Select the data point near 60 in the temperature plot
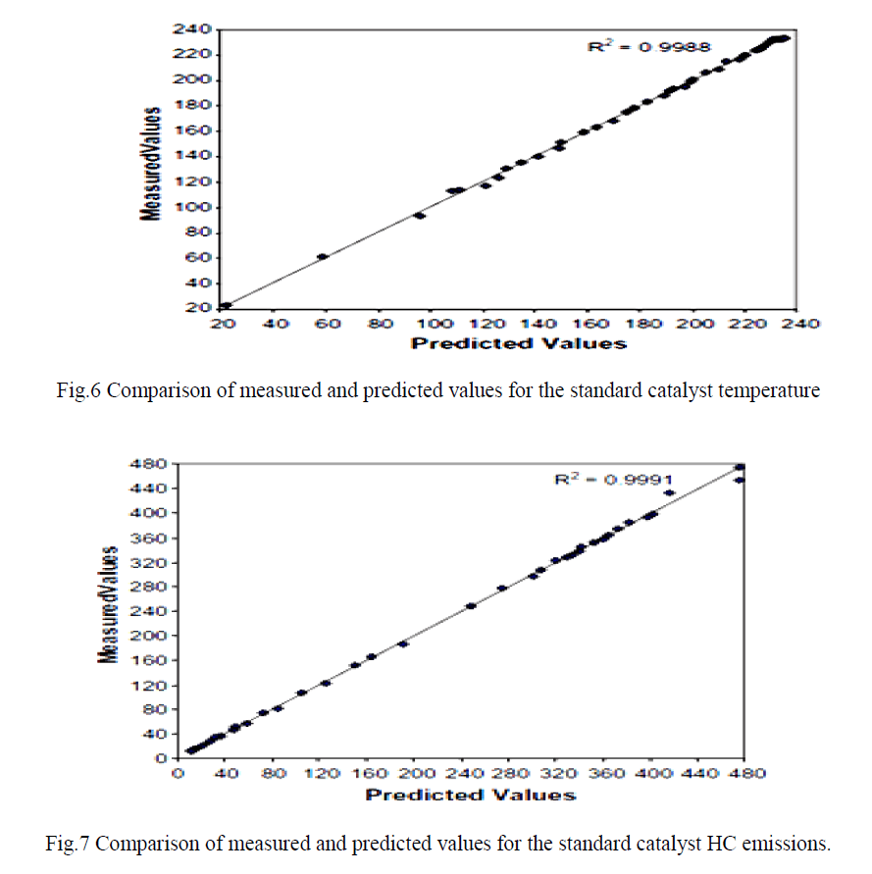[x=322, y=257]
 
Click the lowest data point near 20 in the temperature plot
[x=226, y=306]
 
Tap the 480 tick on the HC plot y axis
[x=154, y=463]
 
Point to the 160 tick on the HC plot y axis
[x=154, y=660]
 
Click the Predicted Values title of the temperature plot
[x=518, y=343]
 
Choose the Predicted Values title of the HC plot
[x=471, y=794]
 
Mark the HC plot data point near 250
[x=471, y=606]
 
